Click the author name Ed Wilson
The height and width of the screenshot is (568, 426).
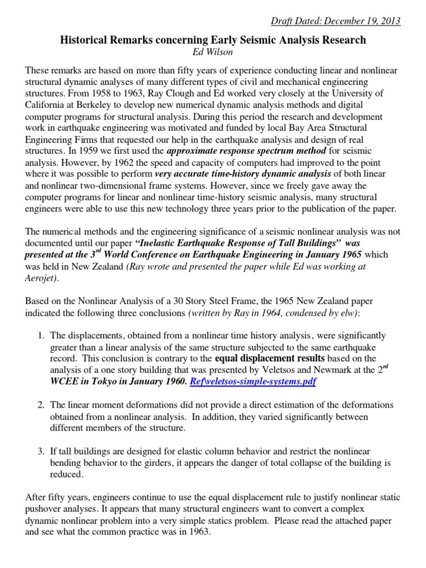coord(213,52)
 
